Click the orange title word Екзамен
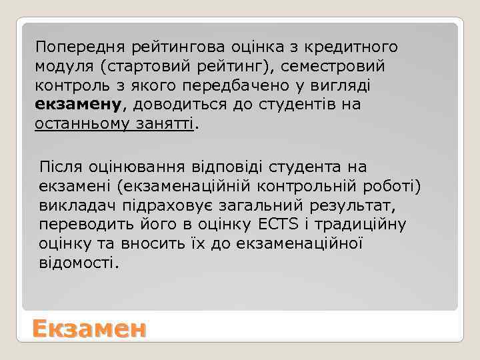point(89,329)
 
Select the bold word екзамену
point(78,105)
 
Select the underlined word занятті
point(166,125)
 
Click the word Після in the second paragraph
point(60,166)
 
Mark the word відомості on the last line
point(79,263)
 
